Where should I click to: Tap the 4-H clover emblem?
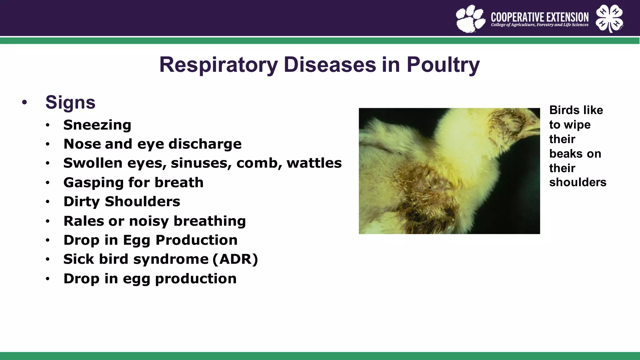609,18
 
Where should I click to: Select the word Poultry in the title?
443,65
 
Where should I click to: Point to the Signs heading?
70,102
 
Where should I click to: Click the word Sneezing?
97,125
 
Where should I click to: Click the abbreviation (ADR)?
235,259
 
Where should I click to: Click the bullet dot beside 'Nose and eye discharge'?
47,144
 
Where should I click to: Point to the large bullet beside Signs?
25,102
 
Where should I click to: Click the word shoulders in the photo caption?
577,182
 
